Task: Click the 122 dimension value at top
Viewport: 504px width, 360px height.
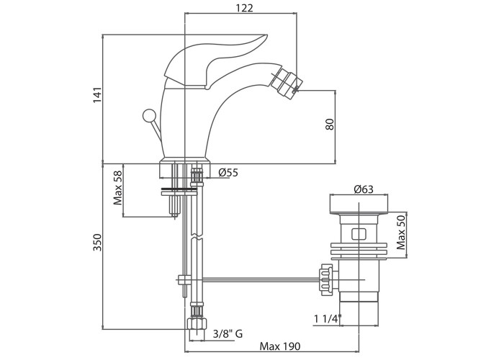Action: (243, 8)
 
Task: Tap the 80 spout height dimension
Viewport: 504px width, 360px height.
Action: (330, 124)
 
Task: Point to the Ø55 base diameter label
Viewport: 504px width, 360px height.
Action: (228, 172)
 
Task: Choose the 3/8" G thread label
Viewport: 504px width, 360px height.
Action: (228, 333)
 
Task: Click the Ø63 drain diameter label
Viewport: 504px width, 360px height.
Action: (363, 189)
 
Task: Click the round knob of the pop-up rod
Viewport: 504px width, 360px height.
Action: (150, 115)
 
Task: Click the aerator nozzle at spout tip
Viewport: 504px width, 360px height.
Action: (287, 81)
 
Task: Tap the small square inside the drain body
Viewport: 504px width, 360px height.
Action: (358, 233)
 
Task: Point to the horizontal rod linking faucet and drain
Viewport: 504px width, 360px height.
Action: (252, 278)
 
